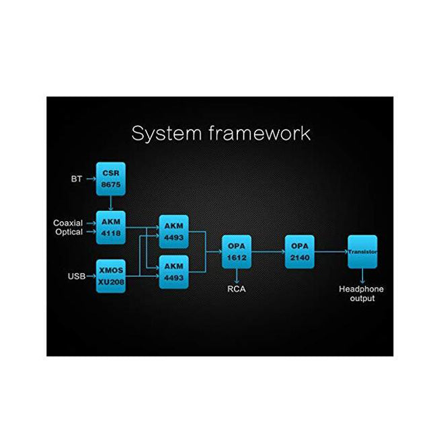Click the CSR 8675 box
pos(111,178)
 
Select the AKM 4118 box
pos(111,227)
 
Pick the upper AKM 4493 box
pos(174,231)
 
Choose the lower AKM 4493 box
pos(174,272)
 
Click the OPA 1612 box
pos(237,252)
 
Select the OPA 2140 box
pos(299,252)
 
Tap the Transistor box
pos(362,252)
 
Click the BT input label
pos(77,180)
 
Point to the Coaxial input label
pos(69,223)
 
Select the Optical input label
pos(69,232)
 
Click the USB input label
pos(76,276)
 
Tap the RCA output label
pos(237,290)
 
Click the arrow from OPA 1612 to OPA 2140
pos(268,252)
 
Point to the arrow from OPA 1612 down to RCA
pos(237,276)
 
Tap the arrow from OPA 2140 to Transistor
pos(331,252)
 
